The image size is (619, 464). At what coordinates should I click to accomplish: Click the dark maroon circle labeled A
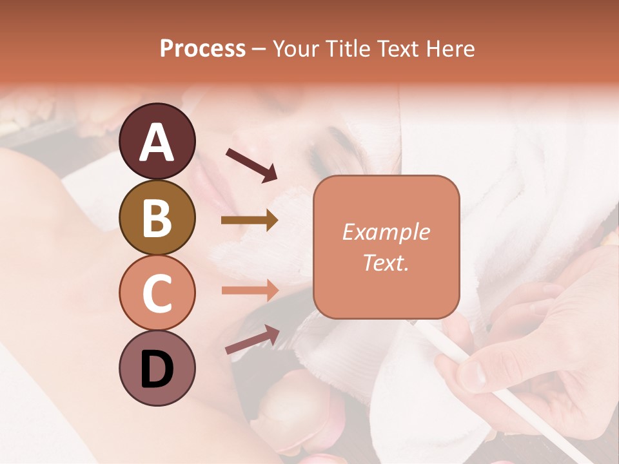(x=157, y=141)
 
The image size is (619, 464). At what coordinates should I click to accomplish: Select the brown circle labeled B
(x=157, y=217)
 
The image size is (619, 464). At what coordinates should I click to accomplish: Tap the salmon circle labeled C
(x=157, y=293)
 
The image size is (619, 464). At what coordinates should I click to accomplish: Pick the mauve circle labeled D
(x=157, y=369)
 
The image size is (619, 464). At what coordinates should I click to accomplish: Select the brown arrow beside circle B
(x=250, y=220)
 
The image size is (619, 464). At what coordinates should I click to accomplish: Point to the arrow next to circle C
(x=250, y=290)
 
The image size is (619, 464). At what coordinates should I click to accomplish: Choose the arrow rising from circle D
(x=252, y=339)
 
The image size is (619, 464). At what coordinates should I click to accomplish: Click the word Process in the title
(x=202, y=48)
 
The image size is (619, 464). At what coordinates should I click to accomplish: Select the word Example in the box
(x=386, y=232)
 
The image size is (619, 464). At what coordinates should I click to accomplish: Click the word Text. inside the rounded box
(x=386, y=262)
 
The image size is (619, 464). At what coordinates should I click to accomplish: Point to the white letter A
(x=157, y=142)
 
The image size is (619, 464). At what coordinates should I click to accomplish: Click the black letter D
(x=157, y=369)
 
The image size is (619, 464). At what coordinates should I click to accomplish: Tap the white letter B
(x=157, y=217)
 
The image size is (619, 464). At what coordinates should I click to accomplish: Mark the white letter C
(x=157, y=294)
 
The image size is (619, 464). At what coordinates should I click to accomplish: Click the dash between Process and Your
(x=259, y=50)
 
